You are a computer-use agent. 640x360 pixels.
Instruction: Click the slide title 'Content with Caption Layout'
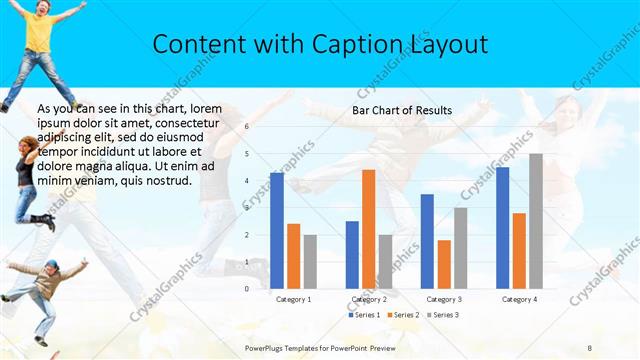[320, 44]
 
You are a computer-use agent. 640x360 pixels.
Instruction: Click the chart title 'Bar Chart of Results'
[402, 110]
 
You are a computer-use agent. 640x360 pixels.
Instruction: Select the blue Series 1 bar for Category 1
[277, 230]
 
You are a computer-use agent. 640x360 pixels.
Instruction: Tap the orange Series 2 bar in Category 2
[368, 229]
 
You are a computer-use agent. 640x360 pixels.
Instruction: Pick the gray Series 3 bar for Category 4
[536, 221]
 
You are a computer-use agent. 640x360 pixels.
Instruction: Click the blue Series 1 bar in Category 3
[427, 241]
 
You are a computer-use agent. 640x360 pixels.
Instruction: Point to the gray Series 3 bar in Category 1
[310, 261]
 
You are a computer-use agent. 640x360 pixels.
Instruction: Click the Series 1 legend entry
[365, 315]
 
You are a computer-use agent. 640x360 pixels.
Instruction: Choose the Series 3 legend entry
[443, 315]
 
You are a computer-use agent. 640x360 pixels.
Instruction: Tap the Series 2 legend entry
[404, 315]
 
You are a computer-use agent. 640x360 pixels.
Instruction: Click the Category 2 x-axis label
[369, 299]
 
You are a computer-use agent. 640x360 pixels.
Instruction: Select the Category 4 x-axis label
[519, 299]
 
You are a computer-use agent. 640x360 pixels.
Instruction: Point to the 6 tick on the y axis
[247, 127]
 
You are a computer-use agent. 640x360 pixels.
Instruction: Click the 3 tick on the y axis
[247, 208]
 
